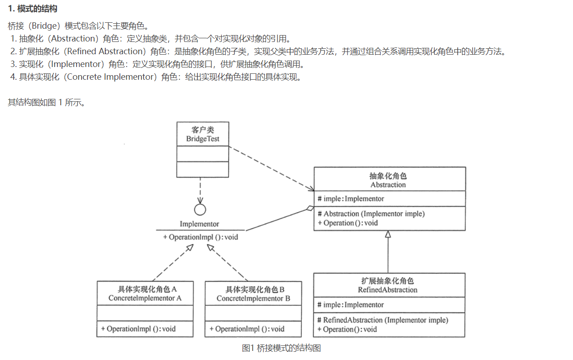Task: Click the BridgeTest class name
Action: point(203,139)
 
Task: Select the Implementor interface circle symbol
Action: point(200,209)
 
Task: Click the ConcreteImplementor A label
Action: point(145,298)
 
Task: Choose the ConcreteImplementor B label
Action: point(253,298)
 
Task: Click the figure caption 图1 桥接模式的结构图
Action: point(281,348)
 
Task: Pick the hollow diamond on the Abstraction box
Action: point(310,209)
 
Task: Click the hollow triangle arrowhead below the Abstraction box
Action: point(388,234)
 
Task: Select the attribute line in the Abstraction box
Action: point(351,199)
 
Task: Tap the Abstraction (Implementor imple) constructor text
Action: point(374,214)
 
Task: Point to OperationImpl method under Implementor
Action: point(201,237)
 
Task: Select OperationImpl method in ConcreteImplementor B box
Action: point(247,329)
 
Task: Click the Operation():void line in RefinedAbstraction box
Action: point(347,329)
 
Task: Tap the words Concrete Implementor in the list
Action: point(111,77)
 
